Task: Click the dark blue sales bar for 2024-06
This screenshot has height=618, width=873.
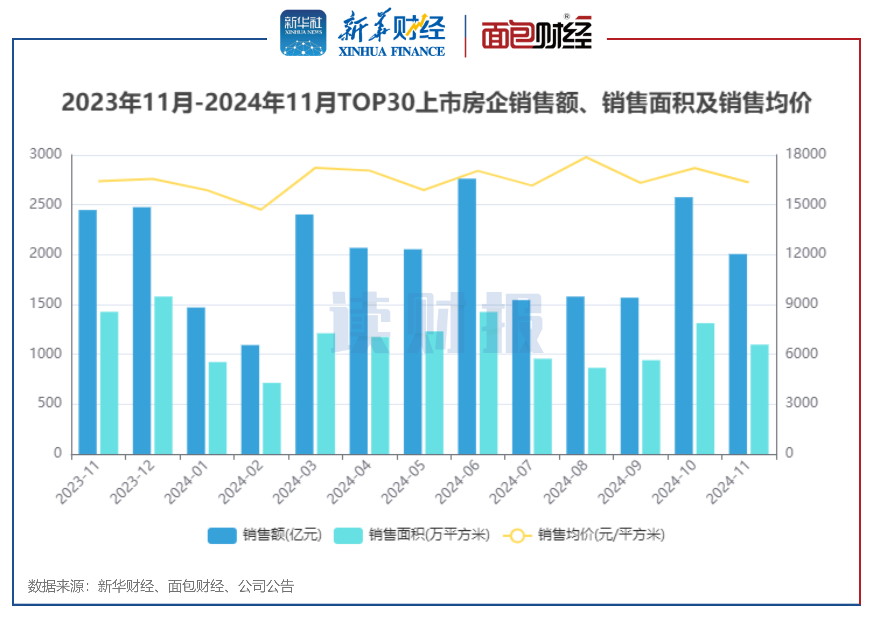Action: tap(467, 316)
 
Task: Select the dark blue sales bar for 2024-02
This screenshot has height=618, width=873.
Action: tap(250, 400)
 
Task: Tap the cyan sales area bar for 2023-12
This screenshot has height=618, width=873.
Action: tap(163, 375)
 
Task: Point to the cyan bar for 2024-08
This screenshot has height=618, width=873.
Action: tap(597, 411)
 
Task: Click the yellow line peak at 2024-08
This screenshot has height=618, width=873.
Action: tap(586, 157)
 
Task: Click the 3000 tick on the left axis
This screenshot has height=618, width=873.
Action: tap(46, 154)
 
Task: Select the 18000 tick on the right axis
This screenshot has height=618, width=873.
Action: tap(806, 154)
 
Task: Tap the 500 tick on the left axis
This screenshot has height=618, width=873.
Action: tap(49, 403)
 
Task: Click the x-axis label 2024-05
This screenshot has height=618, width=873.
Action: tap(403, 482)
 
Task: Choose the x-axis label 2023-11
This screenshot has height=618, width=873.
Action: tap(78, 482)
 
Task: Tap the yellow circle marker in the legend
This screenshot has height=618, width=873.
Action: tap(517, 535)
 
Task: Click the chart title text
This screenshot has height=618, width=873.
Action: tap(436, 103)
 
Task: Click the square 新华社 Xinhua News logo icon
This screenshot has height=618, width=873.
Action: tap(303, 33)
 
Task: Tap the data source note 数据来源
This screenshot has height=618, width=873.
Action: tap(160, 586)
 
